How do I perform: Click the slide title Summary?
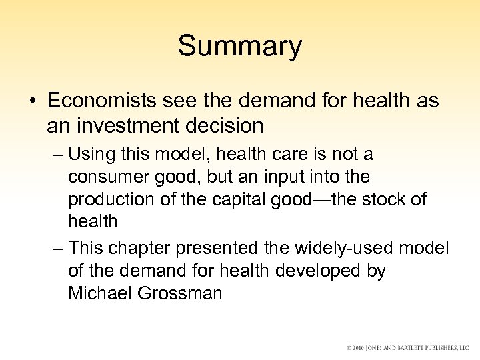click(239, 47)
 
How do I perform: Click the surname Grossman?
click(181, 294)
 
